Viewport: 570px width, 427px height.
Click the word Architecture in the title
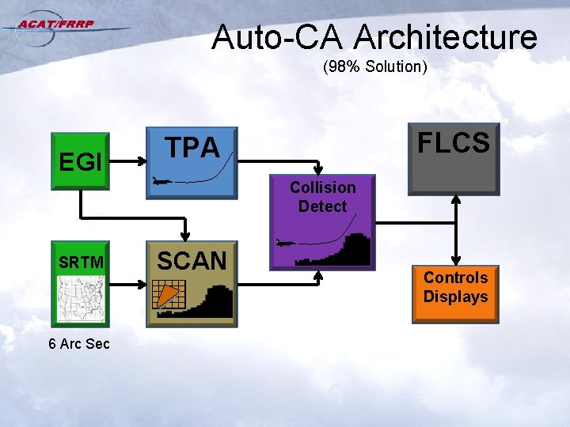point(446,37)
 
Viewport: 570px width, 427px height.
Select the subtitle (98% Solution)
point(374,67)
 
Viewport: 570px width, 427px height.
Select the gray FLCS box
point(454,159)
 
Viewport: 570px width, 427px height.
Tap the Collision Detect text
point(322,197)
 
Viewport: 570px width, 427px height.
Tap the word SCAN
point(192,260)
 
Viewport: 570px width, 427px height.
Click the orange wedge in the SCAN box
point(165,297)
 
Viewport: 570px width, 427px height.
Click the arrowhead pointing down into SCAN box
point(184,236)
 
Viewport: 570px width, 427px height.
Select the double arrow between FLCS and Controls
point(456,230)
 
